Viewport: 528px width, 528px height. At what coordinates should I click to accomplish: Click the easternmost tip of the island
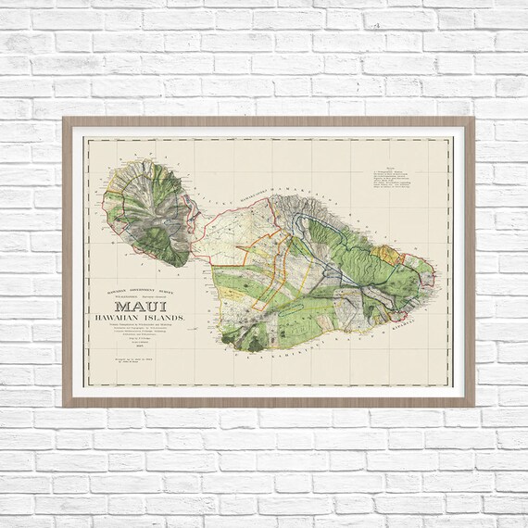[x=434, y=274]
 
